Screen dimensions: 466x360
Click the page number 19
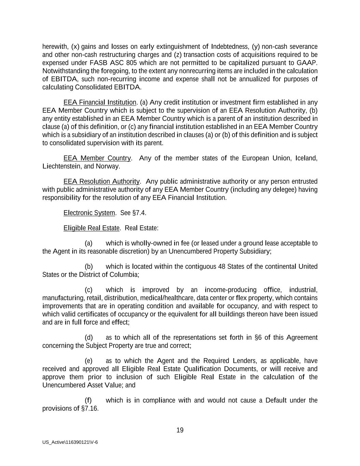coord(180,430)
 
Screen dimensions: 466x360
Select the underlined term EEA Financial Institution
coord(100,102)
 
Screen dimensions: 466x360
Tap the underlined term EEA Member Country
coord(97,158)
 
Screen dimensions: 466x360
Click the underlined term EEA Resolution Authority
coord(101,181)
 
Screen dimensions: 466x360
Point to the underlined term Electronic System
coord(89,213)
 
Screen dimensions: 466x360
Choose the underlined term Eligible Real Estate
coord(91,228)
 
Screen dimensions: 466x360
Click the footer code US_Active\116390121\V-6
coord(70,442)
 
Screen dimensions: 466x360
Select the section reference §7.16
coord(90,409)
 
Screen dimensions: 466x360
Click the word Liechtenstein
coord(62,166)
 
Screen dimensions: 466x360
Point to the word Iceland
coord(306,158)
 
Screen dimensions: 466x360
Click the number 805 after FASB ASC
coord(131,63)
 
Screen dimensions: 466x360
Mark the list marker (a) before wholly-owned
coord(88,243)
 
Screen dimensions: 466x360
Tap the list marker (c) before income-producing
coord(88,290)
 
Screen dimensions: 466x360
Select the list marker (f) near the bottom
coord(88,400)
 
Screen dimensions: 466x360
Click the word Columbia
coord(126,275)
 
